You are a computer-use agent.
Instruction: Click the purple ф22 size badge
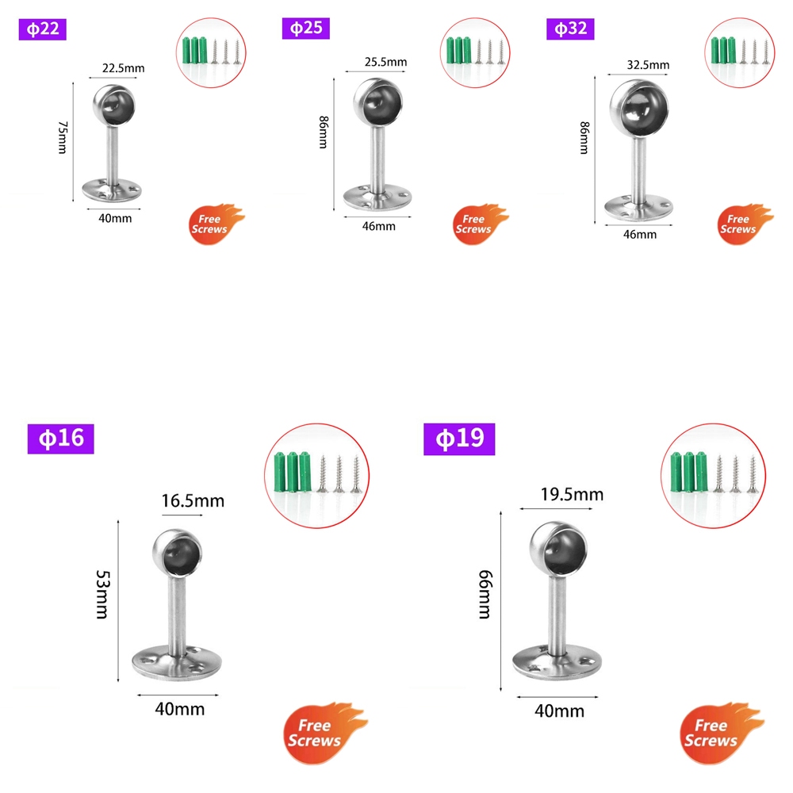coord(40,29)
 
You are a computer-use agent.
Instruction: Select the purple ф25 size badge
coord(305,29)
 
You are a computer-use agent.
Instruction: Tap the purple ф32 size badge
coord(570,29)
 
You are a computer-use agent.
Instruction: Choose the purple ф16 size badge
coord(61,438)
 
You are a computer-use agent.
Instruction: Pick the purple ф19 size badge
coord(459,438)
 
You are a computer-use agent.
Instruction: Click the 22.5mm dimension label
coord(123,68)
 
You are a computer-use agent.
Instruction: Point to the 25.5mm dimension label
coord(385,62)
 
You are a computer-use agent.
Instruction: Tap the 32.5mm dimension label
coord(648,65)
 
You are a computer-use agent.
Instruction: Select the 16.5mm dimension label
coord(193,500)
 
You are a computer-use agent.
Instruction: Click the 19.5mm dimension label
coord(572,495)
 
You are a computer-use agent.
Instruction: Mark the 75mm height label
coord(62,138)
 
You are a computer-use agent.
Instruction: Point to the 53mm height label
coord(101,595)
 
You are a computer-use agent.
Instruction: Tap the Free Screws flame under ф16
coord(325,733)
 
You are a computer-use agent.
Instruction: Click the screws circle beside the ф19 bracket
coord(712,476)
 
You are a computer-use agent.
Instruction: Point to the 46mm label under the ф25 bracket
coord(378,226)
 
